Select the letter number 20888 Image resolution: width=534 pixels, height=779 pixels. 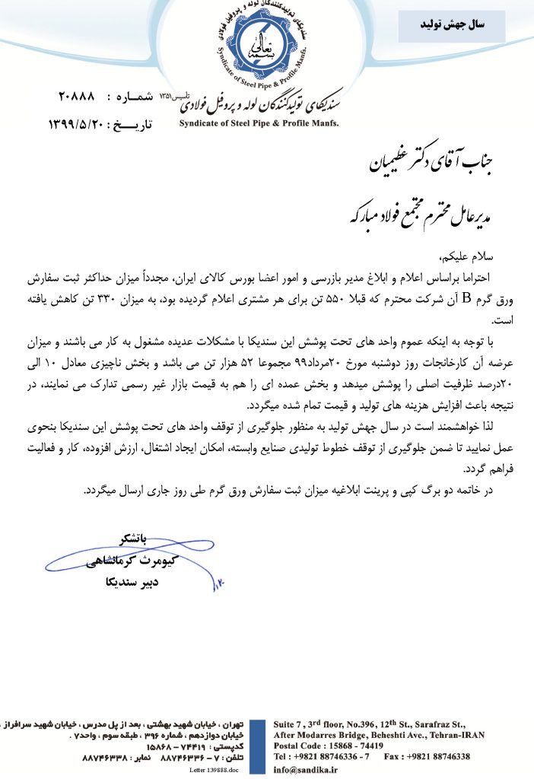coord(77,97)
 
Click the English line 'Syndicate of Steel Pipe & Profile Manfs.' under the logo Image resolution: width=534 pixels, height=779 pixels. coord(259,121)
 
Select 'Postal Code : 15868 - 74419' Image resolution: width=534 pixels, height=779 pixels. coord(328,746)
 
